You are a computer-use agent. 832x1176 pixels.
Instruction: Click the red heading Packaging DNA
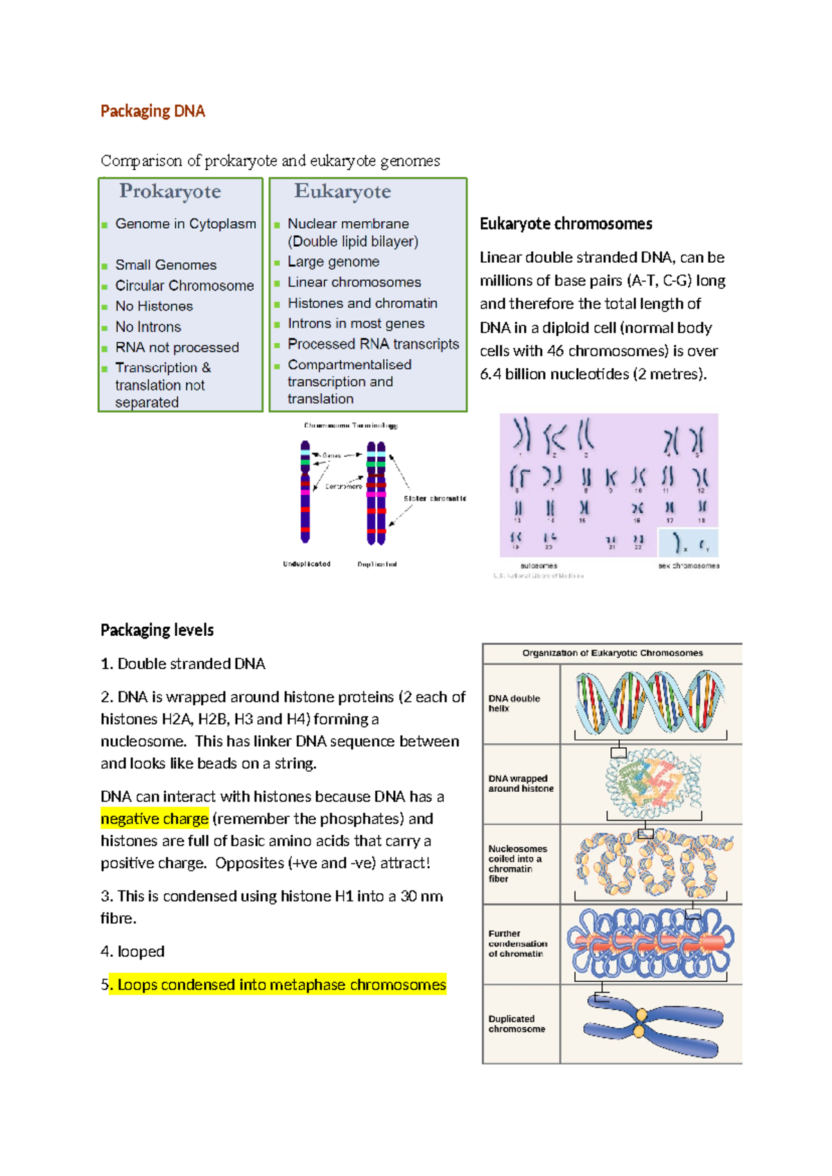(x=153, y=111)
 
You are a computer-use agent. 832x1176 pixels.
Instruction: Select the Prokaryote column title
(x=170, y=191)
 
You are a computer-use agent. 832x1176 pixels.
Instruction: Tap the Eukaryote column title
(x=343, y=191)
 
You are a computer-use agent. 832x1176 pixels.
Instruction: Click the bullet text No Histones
(x=154, y=306)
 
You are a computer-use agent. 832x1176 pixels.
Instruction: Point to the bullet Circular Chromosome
(x=184, y=286)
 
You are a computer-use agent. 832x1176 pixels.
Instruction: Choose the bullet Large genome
(x=333, y=261)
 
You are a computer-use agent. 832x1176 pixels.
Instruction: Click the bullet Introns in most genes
(x=356, y=323)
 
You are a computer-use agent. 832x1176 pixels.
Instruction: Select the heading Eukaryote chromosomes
(x=566, y=223)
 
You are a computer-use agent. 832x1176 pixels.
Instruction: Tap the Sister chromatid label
(x=435, y=499)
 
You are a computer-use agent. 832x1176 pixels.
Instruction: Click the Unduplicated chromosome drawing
(x=305, y=492)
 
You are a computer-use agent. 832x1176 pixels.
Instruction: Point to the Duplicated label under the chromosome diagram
(x=377, y=564)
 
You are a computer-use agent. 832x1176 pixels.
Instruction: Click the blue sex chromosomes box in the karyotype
(x=688, y=543)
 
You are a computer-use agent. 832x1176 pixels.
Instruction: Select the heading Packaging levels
(x=157, y=630)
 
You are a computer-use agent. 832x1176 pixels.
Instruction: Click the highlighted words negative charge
(x=155, y=819)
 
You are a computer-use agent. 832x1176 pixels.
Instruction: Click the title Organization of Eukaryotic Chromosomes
(x=612, y=653)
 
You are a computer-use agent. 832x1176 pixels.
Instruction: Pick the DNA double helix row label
(x=514, y=703)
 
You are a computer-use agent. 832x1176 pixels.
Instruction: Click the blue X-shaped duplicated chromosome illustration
(x=652, y=1025)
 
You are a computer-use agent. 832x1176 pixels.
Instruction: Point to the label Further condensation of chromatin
(x=517, y=944)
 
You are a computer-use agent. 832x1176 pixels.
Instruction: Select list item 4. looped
(x=132, y=951)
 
